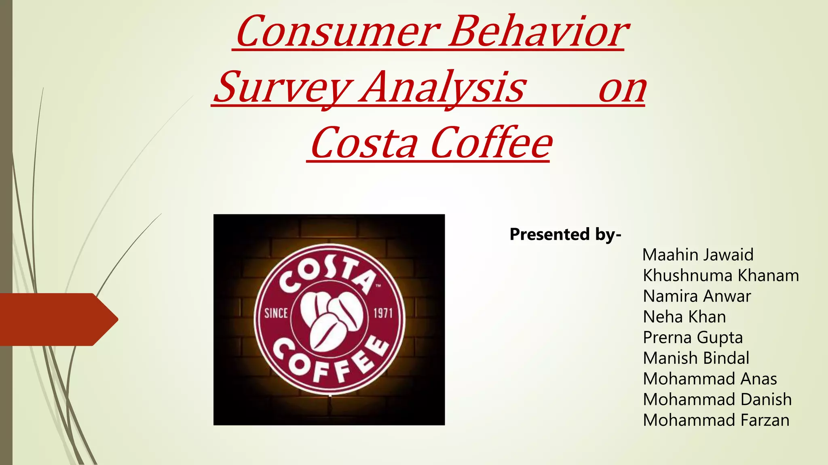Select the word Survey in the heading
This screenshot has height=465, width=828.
[x=283, y=87]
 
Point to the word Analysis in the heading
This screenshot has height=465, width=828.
[x=443, y=87]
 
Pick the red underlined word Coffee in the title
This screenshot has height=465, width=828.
[x=491, y=143]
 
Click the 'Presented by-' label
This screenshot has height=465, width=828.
[x=565, y=235]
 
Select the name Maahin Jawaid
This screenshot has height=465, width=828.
[x=698, y=255]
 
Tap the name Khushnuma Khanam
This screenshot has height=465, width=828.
[x=721, y=276]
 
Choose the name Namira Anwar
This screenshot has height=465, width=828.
[x=697, y=296]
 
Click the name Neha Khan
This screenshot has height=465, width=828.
[x=684, y=317]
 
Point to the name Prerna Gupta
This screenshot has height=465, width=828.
[x=693, y=338]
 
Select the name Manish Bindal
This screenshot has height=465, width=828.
[x=696, y=358]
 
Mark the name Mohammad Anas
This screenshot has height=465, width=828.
[x=710, y=379]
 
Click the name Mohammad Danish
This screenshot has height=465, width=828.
[x=717, y=400]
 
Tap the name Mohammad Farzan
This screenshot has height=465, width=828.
[x=716, y=420]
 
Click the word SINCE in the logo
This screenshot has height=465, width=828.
[x=276, y=313]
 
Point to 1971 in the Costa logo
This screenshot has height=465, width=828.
[x=383, y=313]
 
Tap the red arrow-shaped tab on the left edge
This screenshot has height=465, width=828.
[x=57, y=319]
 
